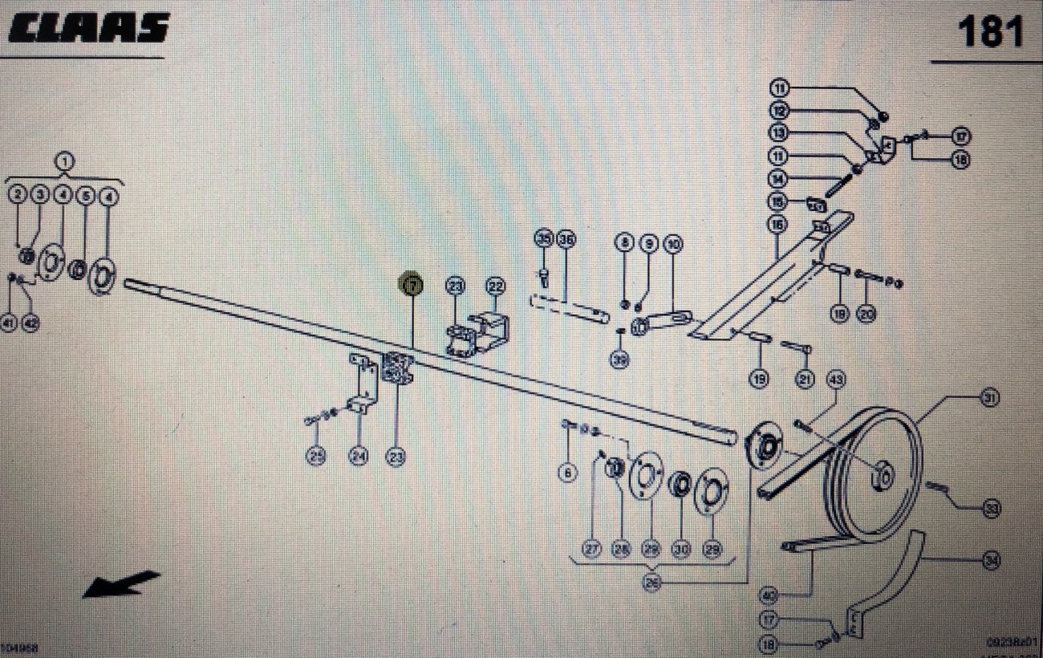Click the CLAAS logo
click(88, 29)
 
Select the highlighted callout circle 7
click(412, 284)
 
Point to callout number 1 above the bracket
click(63, 161)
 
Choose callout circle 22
click(495, 286)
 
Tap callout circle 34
click(992, 562)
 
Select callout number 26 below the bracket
click(652, 584)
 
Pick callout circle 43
click(836, 378)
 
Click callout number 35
click(544, 240)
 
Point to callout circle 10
click(672, 242)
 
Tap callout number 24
click(358, 457)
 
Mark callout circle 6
click(568, 473)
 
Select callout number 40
click(769, 596)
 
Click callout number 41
click(9, 323)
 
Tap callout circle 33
click(992, 507)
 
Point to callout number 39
click(619, 360)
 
